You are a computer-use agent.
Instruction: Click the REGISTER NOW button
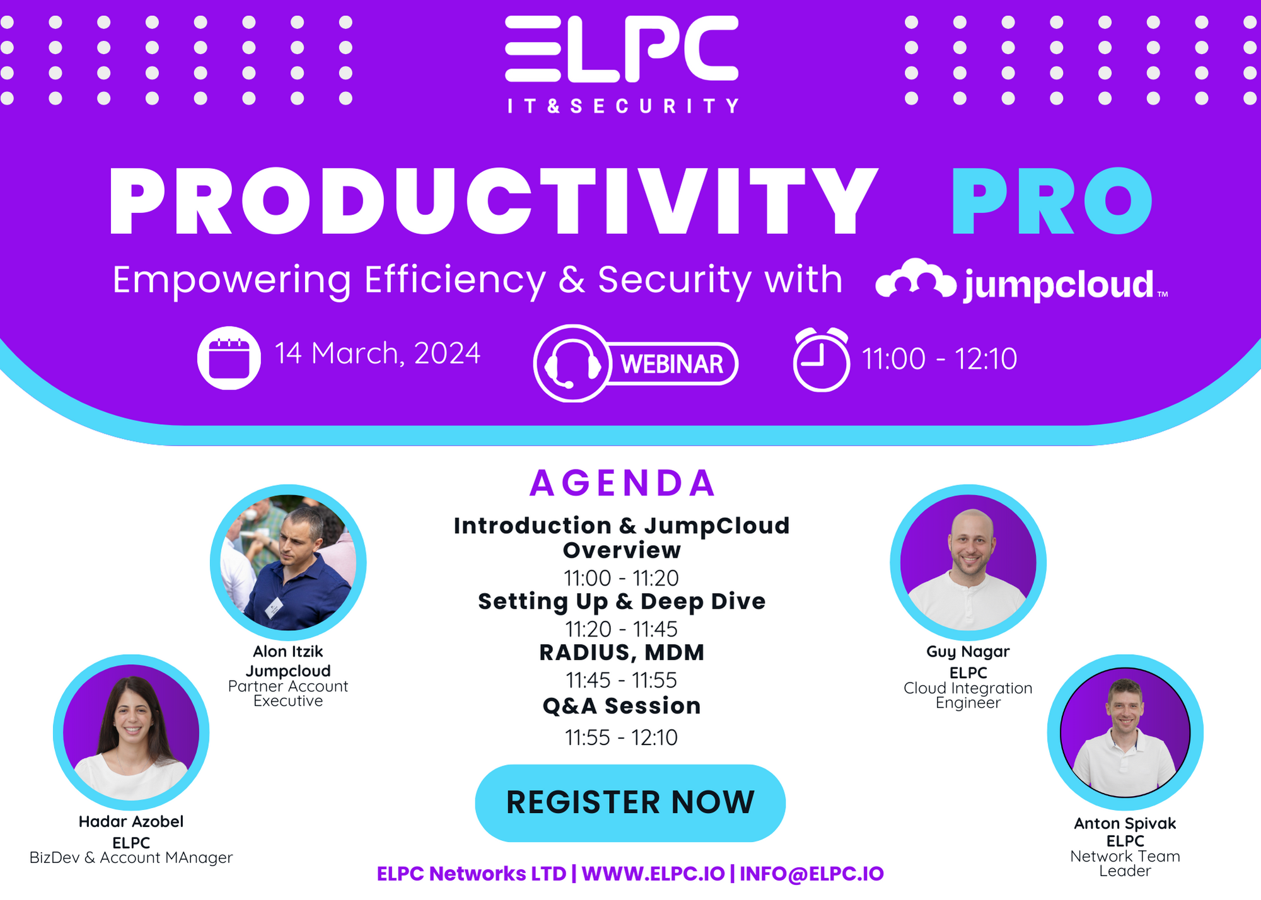(630, 803)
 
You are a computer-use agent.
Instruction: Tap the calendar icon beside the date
(229, 358)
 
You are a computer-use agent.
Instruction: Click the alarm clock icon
(821, 359)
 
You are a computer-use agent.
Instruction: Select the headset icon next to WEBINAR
(572, 364)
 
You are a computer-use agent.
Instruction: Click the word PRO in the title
(1052, 202)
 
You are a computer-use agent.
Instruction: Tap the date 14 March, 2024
(377, 354)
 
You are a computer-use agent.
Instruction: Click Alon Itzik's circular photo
(288, 562)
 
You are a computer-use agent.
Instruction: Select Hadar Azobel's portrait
(131, 732)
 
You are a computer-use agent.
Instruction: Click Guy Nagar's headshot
(968, 562)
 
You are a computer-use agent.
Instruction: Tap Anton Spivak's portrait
(1125, 732)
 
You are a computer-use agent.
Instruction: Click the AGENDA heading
(622, 483)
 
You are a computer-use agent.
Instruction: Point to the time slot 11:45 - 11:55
(621, 681)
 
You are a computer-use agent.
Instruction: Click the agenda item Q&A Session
(622, 706)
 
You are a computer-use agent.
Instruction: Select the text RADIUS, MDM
(622, 652)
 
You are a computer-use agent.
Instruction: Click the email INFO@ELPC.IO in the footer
(811, 874)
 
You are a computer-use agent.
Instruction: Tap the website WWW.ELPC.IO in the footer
(653, 874)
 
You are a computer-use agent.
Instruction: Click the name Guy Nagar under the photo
(968, 652)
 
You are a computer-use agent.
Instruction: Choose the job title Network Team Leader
(1125, 863)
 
